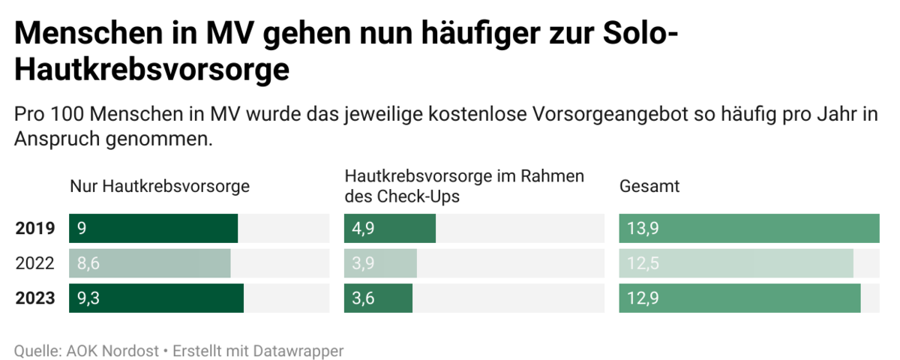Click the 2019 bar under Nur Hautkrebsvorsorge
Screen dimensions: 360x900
153,229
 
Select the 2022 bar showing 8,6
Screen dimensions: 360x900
149,263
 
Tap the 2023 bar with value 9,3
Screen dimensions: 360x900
156,298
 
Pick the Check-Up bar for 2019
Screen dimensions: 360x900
390,229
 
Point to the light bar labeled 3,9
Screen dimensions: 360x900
380,263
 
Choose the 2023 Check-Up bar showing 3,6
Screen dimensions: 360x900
378,298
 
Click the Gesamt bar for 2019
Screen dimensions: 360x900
748,229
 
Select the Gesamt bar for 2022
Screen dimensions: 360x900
736,263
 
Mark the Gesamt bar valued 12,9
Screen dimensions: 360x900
739,298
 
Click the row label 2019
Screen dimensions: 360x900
35,229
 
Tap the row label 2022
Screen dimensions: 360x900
35,263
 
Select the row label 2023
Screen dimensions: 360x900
35,298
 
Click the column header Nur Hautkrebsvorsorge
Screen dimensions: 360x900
160,186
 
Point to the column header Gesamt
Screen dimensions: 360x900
649,186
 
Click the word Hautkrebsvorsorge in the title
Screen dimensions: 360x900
152,70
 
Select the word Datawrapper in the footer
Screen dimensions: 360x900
298,350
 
